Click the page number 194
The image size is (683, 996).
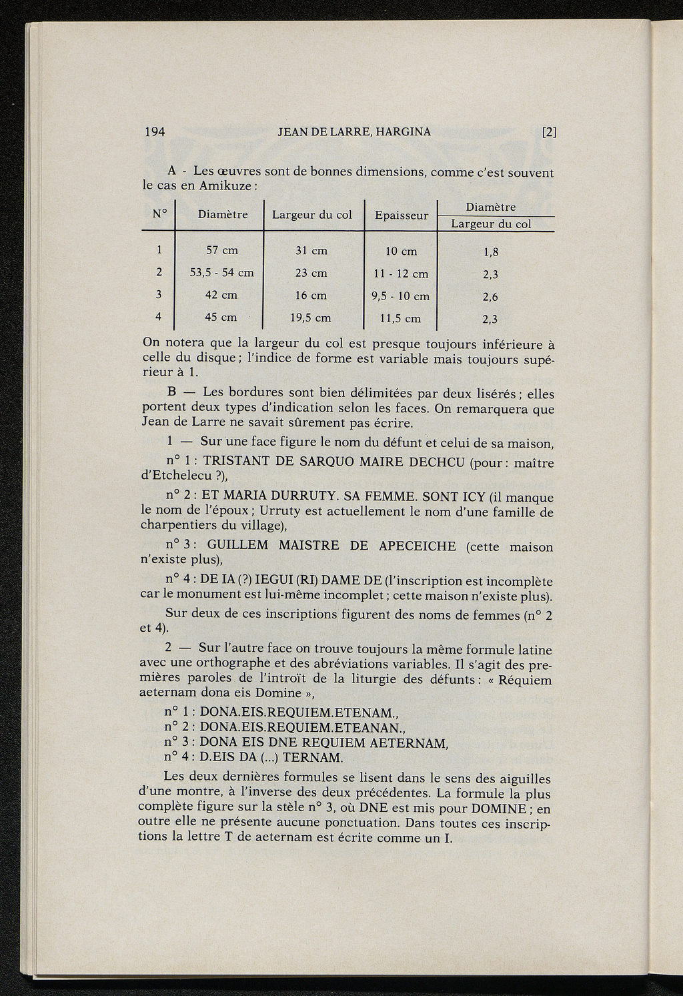click(x=155, y=131)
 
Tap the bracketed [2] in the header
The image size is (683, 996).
click(x=549, y=131)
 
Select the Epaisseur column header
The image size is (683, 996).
click(x=401, y=215)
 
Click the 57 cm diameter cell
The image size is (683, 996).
click(x=222, y=251)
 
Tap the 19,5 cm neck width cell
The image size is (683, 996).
click(x=311, y=318)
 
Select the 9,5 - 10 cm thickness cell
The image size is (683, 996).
click(x=400, y=296)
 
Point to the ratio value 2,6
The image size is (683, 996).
click(x=490, y=297)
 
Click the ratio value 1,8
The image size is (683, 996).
click(x=490, y=252)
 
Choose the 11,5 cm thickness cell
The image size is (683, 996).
click(x=400, y=319)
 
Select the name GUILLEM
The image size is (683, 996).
click(x=237, y=545)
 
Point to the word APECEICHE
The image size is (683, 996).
click(x=417, y=546)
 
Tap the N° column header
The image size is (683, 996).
click(x=158, y=213)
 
